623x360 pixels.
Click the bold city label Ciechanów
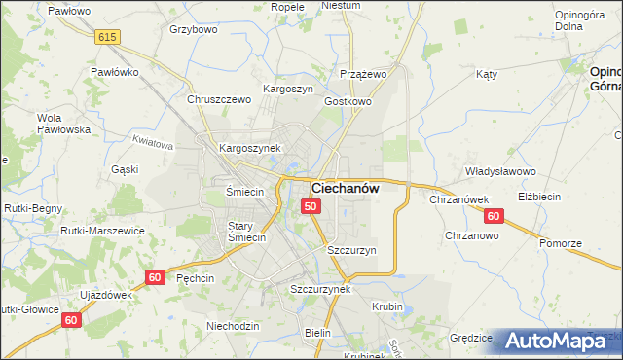(x=345, y=187)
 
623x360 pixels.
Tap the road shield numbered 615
(x=107, y=36)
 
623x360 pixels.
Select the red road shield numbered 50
(x=311, y=206)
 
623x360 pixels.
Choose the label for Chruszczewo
(x=219, y=99)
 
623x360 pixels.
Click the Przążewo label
(x=364, y=74)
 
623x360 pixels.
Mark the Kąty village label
(x=487, y=74)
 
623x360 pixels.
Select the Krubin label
(x=387, y=306)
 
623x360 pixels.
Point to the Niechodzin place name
(x=233, y=326)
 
